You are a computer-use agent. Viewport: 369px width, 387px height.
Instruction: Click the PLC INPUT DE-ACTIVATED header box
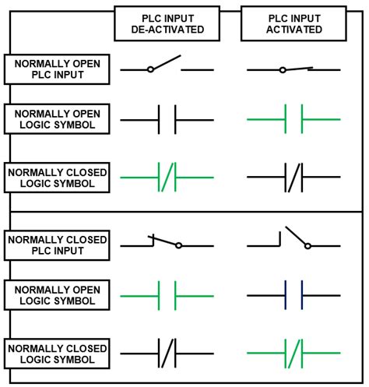coord(166,24)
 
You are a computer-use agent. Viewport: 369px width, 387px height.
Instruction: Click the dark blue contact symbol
coord(293,296)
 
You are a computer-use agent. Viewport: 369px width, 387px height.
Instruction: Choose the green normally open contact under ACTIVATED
coord(293,120)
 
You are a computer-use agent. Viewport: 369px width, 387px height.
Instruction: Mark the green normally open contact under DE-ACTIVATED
coord(166,296)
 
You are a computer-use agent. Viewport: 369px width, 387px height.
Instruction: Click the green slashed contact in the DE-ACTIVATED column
coord(166,178)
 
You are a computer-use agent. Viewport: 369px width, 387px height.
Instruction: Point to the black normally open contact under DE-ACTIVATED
coord(166,120)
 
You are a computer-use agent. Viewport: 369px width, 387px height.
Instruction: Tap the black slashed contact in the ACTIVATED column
coord(293,178)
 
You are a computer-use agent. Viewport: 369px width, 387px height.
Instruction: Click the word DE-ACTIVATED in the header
coord(166,31)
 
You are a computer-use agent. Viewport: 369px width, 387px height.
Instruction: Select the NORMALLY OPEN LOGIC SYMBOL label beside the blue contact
coord(55,296)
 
